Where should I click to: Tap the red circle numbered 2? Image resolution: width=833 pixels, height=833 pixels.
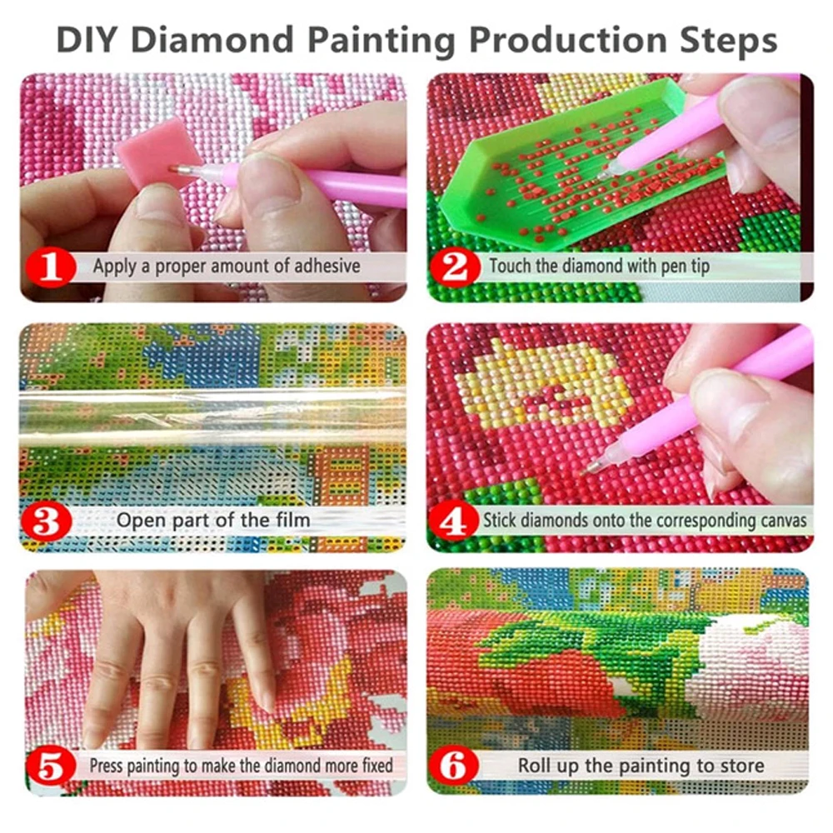[455, 267]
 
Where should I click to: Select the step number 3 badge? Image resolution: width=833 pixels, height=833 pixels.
[50, 521]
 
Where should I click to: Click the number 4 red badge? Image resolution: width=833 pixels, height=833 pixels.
[455, 521]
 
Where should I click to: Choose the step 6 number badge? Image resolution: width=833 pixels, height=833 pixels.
[455, 765]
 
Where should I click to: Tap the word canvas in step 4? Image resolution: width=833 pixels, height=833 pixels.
[777, 521]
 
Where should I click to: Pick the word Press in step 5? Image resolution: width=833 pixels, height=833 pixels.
[107, 764]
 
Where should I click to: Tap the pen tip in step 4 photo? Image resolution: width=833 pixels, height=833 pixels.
[592, 467]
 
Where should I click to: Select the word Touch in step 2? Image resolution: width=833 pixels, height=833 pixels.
[508, 267]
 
